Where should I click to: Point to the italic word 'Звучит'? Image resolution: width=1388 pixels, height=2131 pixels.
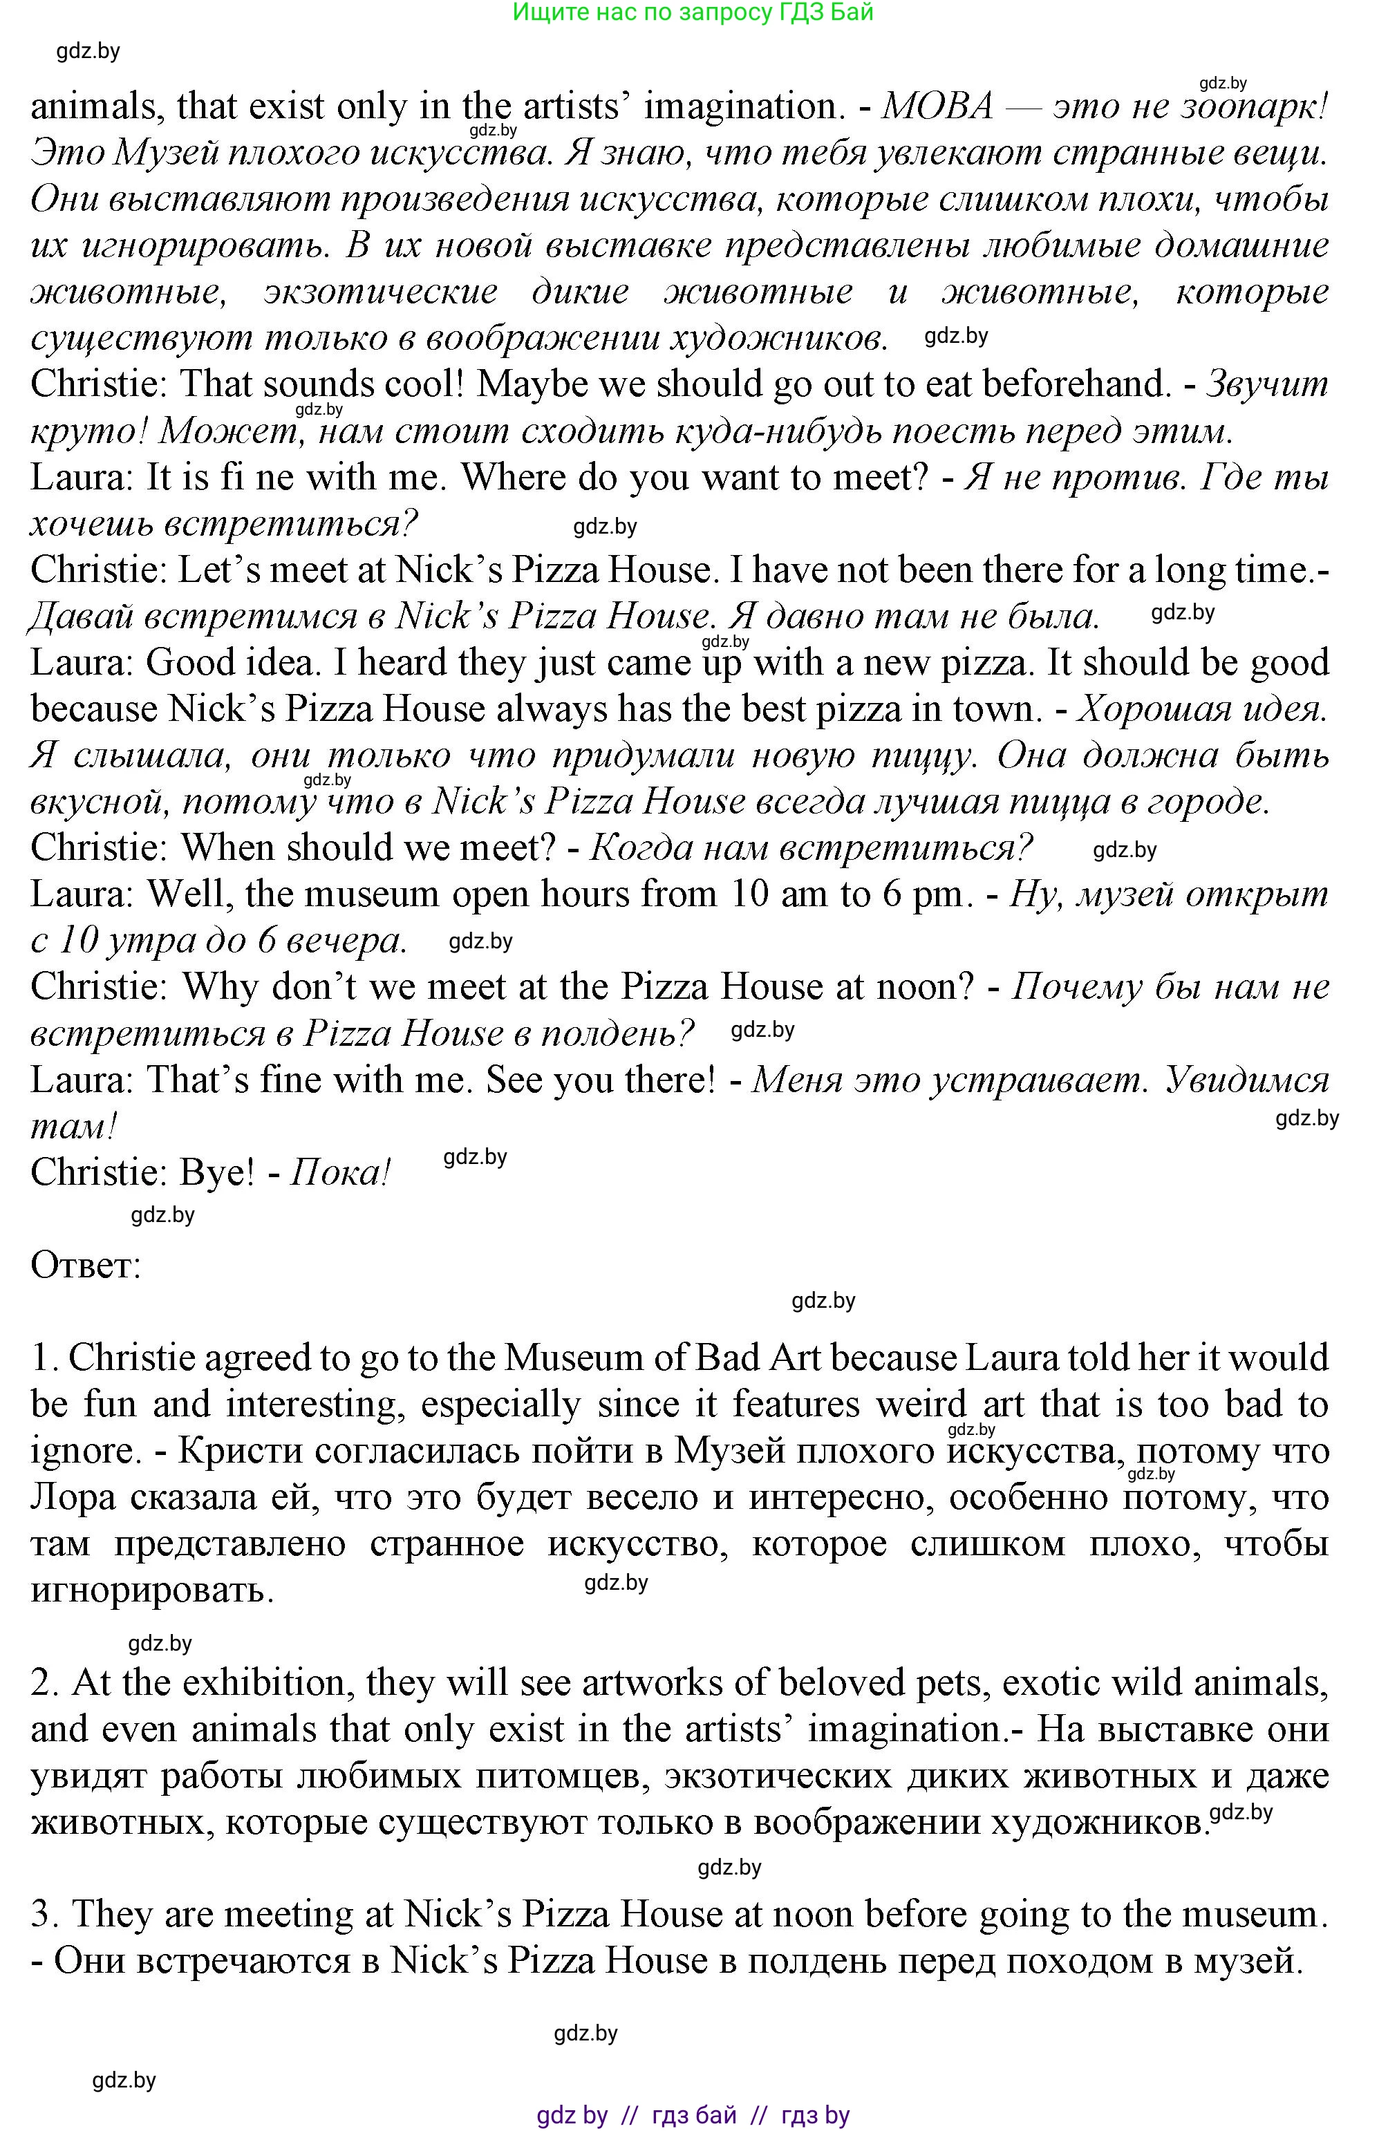[1267, 385]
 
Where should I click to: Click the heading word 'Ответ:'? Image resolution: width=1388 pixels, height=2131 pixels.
[86, 1265]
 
